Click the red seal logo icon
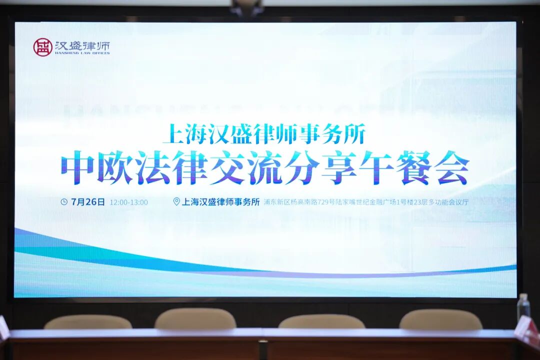42,47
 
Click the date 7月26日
88,202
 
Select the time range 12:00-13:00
128,202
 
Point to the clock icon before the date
64,202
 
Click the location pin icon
176,202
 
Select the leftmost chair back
88,322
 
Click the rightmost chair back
440,319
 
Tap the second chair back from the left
195,318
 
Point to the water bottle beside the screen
522,306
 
